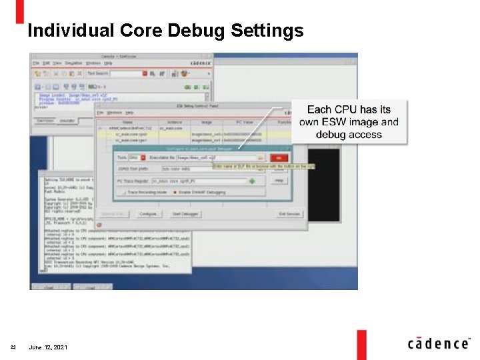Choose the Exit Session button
[289, 213]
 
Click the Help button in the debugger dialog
[279, 181]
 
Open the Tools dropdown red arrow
[143, 157]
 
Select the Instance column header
[175, 122]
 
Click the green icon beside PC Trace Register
[252, 181]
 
